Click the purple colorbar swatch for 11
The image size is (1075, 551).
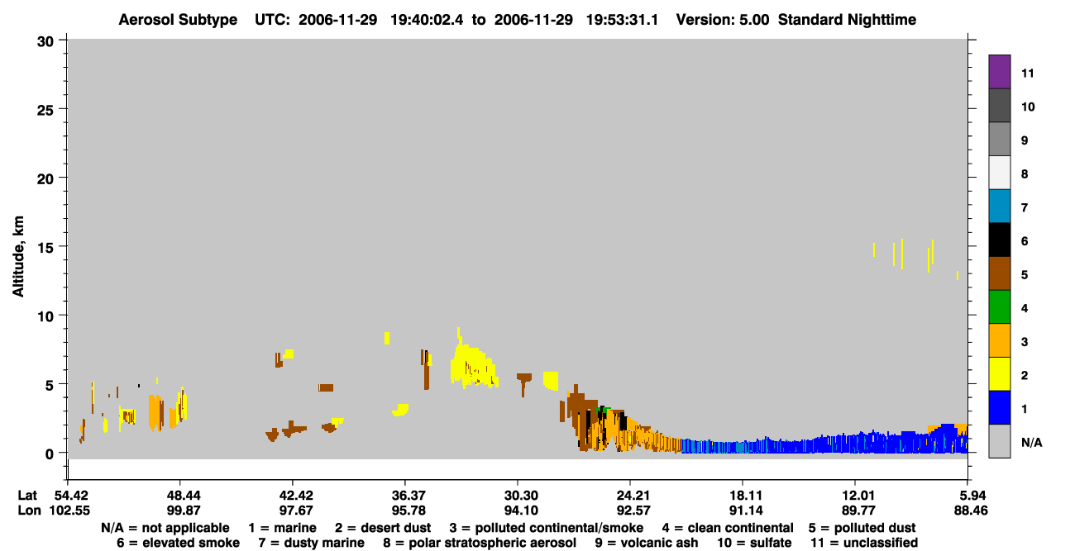point(999,72)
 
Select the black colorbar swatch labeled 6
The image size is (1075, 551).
point(999,240)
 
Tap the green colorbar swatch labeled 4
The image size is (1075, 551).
point(999,307)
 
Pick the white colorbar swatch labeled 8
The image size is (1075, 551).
point(999,173)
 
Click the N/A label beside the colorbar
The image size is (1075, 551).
point(1031,442)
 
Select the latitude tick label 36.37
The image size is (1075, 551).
point(408,496)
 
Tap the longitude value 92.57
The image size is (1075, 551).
point(633,511)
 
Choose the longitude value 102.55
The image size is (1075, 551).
point(69,511)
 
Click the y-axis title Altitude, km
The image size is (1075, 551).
point(18,257)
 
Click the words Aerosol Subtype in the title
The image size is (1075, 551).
point(178,20)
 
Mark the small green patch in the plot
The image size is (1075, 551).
point(604,410)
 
